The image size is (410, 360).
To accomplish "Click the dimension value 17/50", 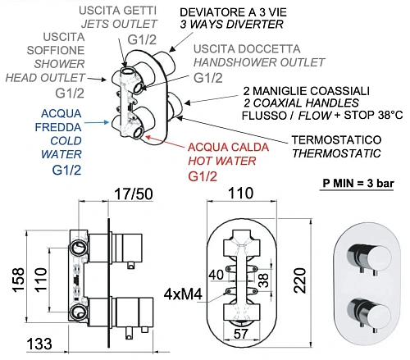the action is pyautogui.click(x=134, y=194).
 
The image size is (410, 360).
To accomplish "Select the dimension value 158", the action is pyautogui.click(x=19, y=280).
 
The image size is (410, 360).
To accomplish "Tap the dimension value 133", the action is pyautogui.click(x=39, y=344).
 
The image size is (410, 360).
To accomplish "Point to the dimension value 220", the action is pyautogui.click(x=300, y=280).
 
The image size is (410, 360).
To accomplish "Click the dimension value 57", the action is pyautogui.click(x=241, y=334).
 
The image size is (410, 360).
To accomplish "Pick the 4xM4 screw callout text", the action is pyautogui.click(x=183, y=294).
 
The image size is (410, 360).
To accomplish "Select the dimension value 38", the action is pyautogui.click(x=263, y=280).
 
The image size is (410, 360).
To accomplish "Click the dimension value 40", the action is pyautogui.click(x=216, y=275).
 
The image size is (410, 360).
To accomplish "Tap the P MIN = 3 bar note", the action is pyautogui.click(x=358, y=183).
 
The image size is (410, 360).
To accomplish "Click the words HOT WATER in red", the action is pyautogui.click(x=222, y=161).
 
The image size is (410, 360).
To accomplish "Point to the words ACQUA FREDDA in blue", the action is pyautogui.click(x=58, y=121).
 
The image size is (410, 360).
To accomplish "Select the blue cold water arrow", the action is pyautogui.click(x=97, y=123).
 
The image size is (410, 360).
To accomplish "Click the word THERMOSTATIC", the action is pyautogui.click(x=336, y=153).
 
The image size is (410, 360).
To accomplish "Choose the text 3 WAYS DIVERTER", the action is pyautogui.click(x=231, y=25).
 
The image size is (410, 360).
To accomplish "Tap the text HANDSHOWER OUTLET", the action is pyautogui.click(x=259, y=62).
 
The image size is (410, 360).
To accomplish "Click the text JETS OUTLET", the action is pyautogui.click(x=119, y=24).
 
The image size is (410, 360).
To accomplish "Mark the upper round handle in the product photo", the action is pyautogui.click(x=379, y=257).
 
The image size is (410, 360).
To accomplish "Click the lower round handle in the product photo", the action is pyautogui.click(x=379, y=312).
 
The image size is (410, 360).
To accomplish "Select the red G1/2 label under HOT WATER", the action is pyautogui.click(x=203, y=176).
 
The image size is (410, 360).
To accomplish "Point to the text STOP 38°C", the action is pyautogui.click(x=373, y=115).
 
